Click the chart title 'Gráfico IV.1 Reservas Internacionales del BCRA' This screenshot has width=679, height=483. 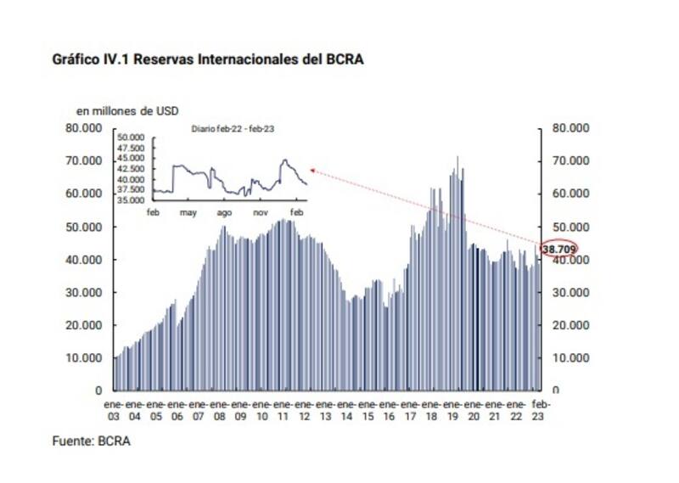click(x=209, y=60)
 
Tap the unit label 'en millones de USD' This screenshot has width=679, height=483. click(x=127, y=110)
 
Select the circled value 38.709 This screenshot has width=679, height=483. click(x=559, y=250)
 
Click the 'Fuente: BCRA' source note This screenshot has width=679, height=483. click(x=93, y=441)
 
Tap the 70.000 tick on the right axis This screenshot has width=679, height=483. click(x=570, y=161)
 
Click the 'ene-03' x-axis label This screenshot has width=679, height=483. click(x=114, y=411)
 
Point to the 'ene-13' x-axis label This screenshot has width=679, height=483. click(x=325, y=411)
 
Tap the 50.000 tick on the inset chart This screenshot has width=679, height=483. click(x=133, y=137)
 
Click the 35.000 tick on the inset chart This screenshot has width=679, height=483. click(x=133, y=200)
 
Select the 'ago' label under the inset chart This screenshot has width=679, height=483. click(x=224, y=211)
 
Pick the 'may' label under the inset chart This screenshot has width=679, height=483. click(x=188, y=211)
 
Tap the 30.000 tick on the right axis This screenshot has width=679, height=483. click(x=570, y=292)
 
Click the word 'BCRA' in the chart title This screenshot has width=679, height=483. click(x=345, y=60)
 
